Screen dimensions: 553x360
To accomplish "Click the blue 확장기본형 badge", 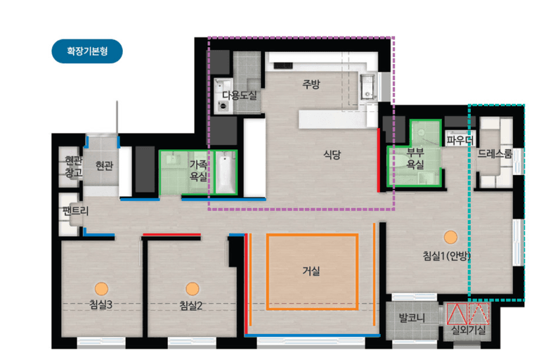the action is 87,51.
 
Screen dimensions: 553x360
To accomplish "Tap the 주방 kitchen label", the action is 311,84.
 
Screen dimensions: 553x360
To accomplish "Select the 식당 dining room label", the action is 332,154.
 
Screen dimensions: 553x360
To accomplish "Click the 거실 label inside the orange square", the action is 311,271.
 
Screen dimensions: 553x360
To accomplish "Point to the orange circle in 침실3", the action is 102,289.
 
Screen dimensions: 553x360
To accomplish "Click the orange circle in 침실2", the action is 193,289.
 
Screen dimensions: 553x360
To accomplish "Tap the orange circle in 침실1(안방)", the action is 450,237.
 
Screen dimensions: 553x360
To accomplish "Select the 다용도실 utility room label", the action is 240,96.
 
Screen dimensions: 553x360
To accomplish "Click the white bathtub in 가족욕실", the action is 226,172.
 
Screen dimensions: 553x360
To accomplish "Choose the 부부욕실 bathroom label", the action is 415,158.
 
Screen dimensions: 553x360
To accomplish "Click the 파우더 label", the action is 460,141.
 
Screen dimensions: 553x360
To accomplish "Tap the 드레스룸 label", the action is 495,154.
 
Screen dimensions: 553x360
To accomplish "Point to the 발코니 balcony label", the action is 412,318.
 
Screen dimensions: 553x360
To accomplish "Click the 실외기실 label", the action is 469,330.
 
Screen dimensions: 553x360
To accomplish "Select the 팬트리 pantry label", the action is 75,211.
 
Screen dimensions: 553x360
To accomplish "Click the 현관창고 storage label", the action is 73,167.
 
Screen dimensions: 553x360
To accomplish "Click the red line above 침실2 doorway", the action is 171,234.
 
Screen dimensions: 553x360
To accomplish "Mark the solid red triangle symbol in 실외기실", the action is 457,314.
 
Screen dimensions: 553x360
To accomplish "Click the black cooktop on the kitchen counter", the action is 283,65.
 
